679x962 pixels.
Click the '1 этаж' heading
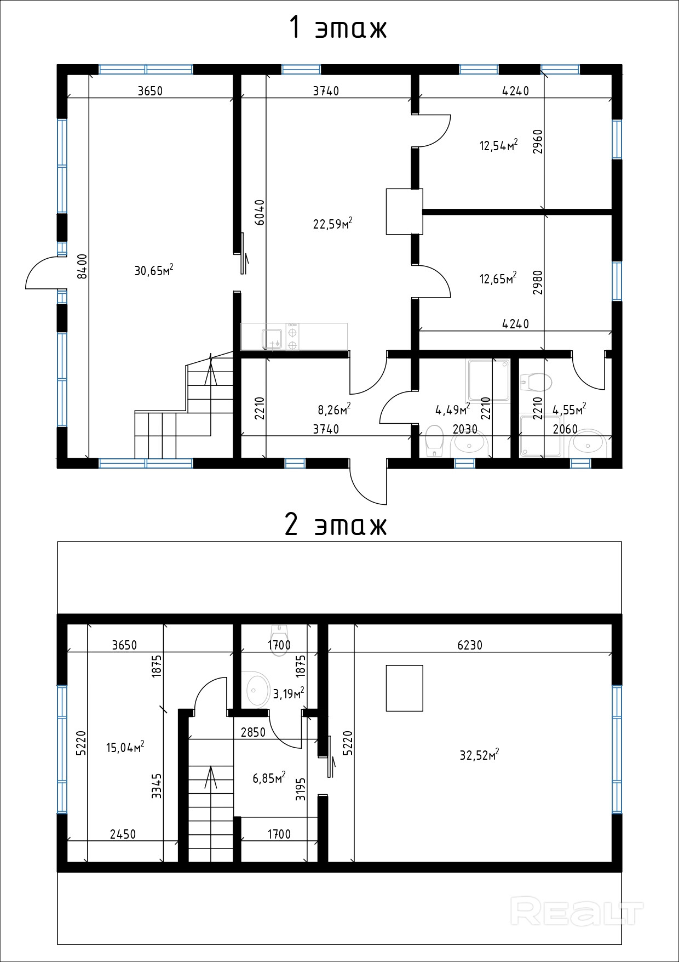point(338,29)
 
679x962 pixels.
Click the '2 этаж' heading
point(336,525)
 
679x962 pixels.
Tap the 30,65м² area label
point(154,270)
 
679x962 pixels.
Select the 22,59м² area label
point(332,223)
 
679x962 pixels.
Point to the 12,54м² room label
point(499,145)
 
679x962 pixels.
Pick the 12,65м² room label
point(498,278)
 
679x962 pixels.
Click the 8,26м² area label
point(334,409)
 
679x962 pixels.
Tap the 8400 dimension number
point(82,266)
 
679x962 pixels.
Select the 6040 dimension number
point(260,212)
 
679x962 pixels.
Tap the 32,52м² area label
point(479,755)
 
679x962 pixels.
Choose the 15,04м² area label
point(125,747)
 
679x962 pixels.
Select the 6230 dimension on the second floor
point(470,645)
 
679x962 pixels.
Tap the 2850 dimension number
point(253,732)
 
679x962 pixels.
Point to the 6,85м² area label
point(269,778)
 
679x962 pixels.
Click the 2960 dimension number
point(538,141)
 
